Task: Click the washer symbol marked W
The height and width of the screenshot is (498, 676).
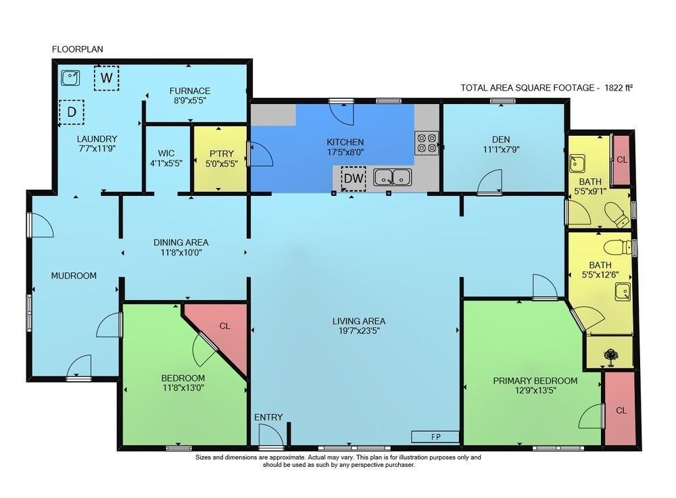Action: click(107, 78)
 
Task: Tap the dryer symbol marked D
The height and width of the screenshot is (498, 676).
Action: click(72, 112)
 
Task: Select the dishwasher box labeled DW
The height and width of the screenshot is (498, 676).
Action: click(354, 178)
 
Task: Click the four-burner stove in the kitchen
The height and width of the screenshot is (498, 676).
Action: click(427, 143)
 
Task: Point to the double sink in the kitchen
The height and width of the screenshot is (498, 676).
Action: click(392, 177)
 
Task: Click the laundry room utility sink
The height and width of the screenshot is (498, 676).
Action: click(70, 78)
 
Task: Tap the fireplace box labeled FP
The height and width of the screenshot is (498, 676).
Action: click(435, 437)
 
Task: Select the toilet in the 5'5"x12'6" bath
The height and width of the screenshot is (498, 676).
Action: click(617, 248)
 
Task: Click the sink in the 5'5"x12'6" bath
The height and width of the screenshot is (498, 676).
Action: click(623, 292)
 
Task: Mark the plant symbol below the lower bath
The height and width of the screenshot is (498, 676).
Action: click(610, 357)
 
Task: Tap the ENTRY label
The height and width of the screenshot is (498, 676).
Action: click(268, 417)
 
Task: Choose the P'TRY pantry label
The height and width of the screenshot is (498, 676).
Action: click(221, 153)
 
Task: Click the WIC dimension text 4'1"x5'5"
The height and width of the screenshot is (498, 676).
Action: click(166, 164)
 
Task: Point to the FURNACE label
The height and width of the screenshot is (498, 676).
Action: click(190, 91)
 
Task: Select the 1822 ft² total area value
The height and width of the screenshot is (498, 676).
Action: click(619, 88)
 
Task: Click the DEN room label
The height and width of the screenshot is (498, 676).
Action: click(501, 140)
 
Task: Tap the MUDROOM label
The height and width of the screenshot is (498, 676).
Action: click(74, 276)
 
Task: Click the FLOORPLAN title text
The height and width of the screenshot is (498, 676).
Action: click(78, 49)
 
